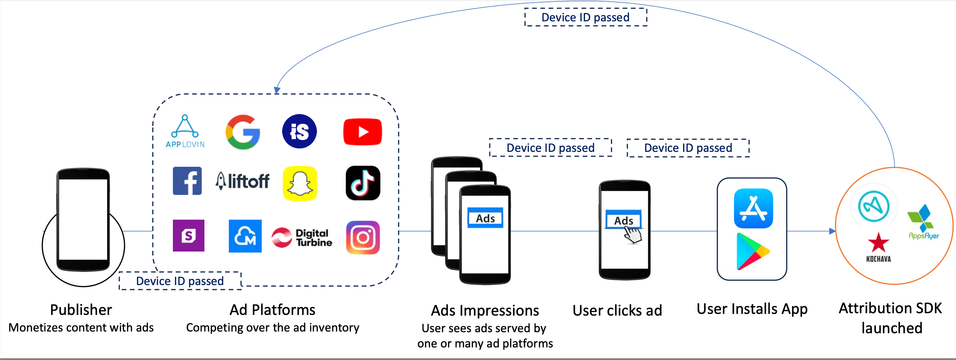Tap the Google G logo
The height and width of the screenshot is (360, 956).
[x=243, y=132]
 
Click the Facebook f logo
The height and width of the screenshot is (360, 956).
[x=187, y=181]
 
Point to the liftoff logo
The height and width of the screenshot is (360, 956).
[x=243, y=181]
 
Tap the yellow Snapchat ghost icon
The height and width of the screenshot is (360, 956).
[x=300, y=183]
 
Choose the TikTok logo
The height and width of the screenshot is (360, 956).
[x=363, y=183]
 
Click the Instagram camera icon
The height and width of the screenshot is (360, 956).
[x=363, y=238]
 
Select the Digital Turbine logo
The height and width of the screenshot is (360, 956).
[x=302, y=238]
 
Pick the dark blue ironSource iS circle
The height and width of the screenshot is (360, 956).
[x=299, y=132]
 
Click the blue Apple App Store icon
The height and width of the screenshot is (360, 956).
[x=753, y=208]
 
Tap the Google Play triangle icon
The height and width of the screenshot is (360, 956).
[x=752, y=252]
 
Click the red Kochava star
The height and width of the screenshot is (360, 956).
[x=878, y=243]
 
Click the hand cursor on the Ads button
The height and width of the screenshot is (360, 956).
[x=633, y=235]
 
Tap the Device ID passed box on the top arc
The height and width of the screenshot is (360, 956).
[x=585, y=17]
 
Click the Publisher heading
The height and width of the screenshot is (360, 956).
[x=81, y=309]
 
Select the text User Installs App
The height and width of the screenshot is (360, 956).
[x=752, y=309]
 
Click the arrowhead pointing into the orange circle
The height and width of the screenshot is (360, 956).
[x=832, y=231]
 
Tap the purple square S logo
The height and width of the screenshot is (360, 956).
[x=188, y=236]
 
